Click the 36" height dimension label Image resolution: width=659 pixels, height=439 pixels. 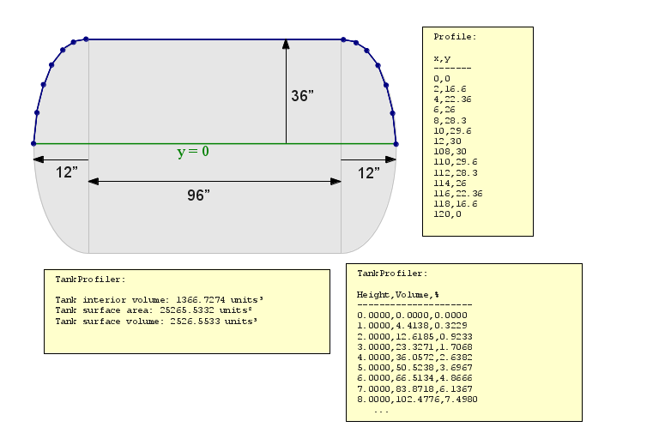click(302, 96)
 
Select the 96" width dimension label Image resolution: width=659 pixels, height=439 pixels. click(198, 195)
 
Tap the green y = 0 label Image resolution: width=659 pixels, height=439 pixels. click(193, 152)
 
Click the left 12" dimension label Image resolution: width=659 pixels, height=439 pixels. click(67, 173)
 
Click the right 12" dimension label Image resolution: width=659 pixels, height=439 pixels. click(369, 173)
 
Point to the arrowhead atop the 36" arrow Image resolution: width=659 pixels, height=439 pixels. click(286, 44)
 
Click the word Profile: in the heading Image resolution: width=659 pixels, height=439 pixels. click(455, 37)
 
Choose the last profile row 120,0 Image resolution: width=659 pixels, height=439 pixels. click(447, 213)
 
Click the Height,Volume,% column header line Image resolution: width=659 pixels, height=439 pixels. click(398, 294)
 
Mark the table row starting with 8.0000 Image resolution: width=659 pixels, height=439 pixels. click(417, 399)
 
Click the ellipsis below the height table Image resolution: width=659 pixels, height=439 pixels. click(381, 411)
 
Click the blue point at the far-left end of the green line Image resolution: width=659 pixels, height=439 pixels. click(33, 143)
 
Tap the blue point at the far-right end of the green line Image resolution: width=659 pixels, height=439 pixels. click(396, 143)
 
